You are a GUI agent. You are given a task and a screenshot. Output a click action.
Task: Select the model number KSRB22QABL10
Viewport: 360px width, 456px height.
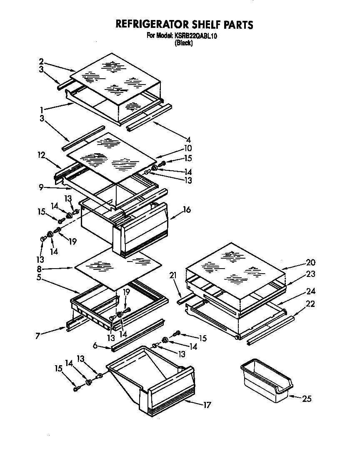point(195,36)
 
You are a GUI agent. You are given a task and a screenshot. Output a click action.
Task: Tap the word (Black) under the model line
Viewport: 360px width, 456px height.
point(184,42)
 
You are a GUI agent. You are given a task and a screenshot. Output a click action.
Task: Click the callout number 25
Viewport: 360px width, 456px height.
point(306,399)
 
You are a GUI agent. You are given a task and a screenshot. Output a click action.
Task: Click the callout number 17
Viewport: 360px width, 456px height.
point(207,404)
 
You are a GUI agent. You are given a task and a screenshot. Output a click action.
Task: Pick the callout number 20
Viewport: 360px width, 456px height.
point(310,262)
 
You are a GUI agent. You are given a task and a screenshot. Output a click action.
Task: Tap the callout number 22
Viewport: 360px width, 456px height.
point(310,304)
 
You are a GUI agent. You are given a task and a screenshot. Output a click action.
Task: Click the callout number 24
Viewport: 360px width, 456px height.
point(310,291)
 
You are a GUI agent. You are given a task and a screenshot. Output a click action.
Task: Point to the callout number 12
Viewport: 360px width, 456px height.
point(40,155)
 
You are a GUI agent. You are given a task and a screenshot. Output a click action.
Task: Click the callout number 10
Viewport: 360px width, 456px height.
point(187,148)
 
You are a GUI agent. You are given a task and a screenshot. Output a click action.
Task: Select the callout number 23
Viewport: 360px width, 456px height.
point(310,274)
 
